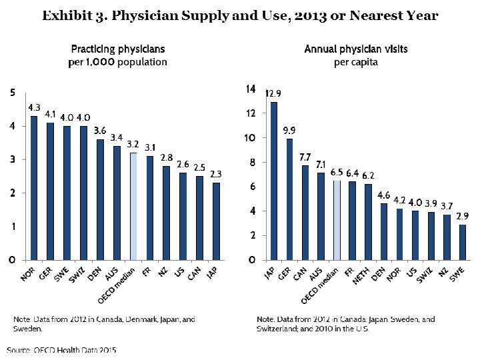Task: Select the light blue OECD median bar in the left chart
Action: tap(133, 206)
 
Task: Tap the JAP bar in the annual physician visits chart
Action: tap(274, 181)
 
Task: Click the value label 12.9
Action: tap(273, 94)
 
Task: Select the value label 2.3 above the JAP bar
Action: tap(216, 174)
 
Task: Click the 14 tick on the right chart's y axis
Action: tap(251, 89)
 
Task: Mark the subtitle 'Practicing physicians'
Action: tap(118, 49)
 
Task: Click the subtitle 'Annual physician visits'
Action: tap(356, 49)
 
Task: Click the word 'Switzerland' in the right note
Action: tap(281, 329)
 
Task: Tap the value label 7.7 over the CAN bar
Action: tap(305, 157)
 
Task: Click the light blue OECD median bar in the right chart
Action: tap(337, 220)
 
